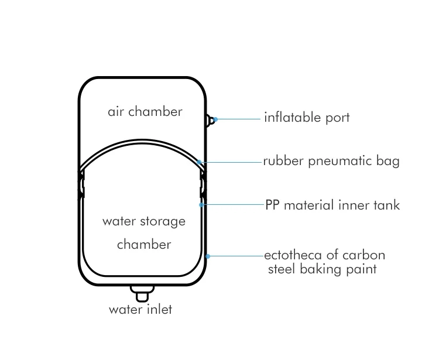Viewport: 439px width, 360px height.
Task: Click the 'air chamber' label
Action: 145,111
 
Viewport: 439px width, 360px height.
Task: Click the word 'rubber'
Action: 283,161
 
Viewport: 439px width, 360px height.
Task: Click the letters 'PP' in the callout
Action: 272,205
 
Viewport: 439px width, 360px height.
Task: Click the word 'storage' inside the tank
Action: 163,222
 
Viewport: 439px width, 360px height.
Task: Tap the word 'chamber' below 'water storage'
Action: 144,244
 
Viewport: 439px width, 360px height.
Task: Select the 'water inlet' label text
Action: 140,309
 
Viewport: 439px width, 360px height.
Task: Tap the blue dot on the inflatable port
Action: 215,119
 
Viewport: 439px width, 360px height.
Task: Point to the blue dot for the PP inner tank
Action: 201,205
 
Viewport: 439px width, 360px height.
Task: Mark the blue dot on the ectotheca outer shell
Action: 208,256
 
